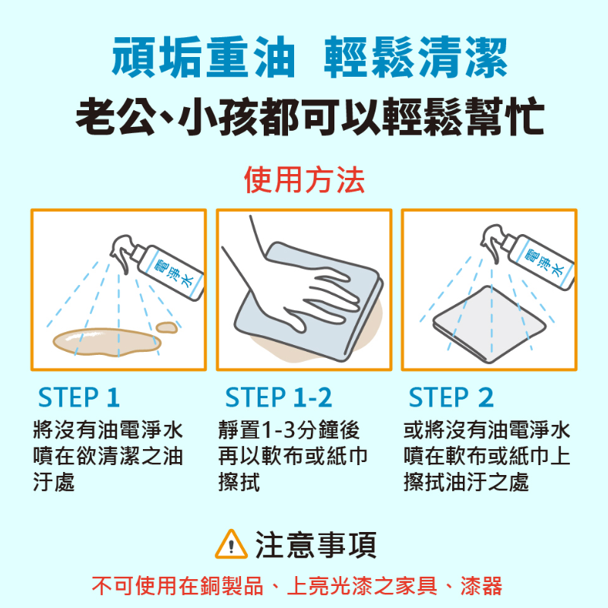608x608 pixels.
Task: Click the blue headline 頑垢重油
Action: point(204,57)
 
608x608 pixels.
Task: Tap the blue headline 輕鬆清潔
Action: point(416,57)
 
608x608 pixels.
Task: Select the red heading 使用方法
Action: point(305,179)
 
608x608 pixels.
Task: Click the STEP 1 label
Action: point(79,397)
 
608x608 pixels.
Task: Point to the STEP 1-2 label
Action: point(278,397)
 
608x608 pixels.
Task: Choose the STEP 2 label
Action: point(451,397)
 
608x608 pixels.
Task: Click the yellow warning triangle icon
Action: point(231,545)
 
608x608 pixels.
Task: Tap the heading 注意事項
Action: point(315,545)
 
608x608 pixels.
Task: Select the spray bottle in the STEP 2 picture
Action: point(527,257)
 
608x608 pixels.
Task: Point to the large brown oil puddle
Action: point(107,342)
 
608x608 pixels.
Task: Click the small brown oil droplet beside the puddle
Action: point(166,328)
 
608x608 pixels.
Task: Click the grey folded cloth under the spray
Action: point(489,325)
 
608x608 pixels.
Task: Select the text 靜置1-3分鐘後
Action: point(290,430)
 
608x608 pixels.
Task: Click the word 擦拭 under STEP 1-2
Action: point(239,482)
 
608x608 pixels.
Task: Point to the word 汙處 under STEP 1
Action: point(54,482)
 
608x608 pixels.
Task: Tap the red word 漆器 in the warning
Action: point(481,585)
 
